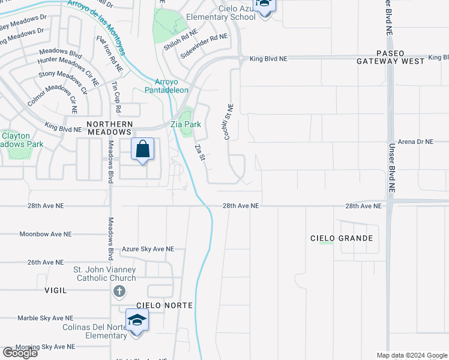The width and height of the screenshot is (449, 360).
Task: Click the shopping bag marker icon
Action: coord(143,149)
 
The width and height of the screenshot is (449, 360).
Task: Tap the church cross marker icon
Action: coord(119,292)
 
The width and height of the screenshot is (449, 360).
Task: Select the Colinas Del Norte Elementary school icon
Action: coord(137,321)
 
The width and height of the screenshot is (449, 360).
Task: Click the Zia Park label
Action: coord(184,124)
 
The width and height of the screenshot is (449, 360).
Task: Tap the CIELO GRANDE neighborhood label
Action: coord(341,238)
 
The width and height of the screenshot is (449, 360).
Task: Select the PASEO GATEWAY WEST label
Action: coord(391,57)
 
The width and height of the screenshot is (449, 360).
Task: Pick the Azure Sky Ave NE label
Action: coord(148,248)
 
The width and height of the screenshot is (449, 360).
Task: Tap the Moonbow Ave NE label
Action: coord(45,234)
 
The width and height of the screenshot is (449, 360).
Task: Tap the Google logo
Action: coord(20,352)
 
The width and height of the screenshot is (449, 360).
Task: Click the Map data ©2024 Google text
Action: coord(411,355)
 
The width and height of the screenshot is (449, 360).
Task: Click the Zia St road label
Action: coord(200,152)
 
